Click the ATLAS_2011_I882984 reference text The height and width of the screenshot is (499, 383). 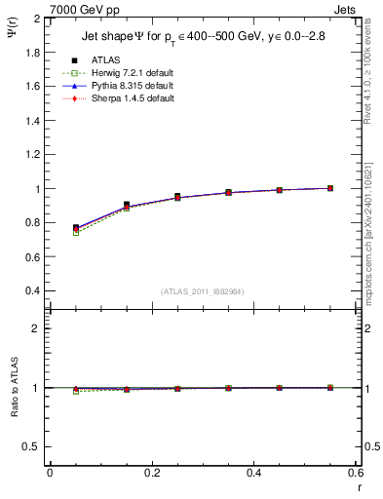coord(202,290)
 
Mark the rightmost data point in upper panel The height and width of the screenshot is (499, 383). coord(330,188)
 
